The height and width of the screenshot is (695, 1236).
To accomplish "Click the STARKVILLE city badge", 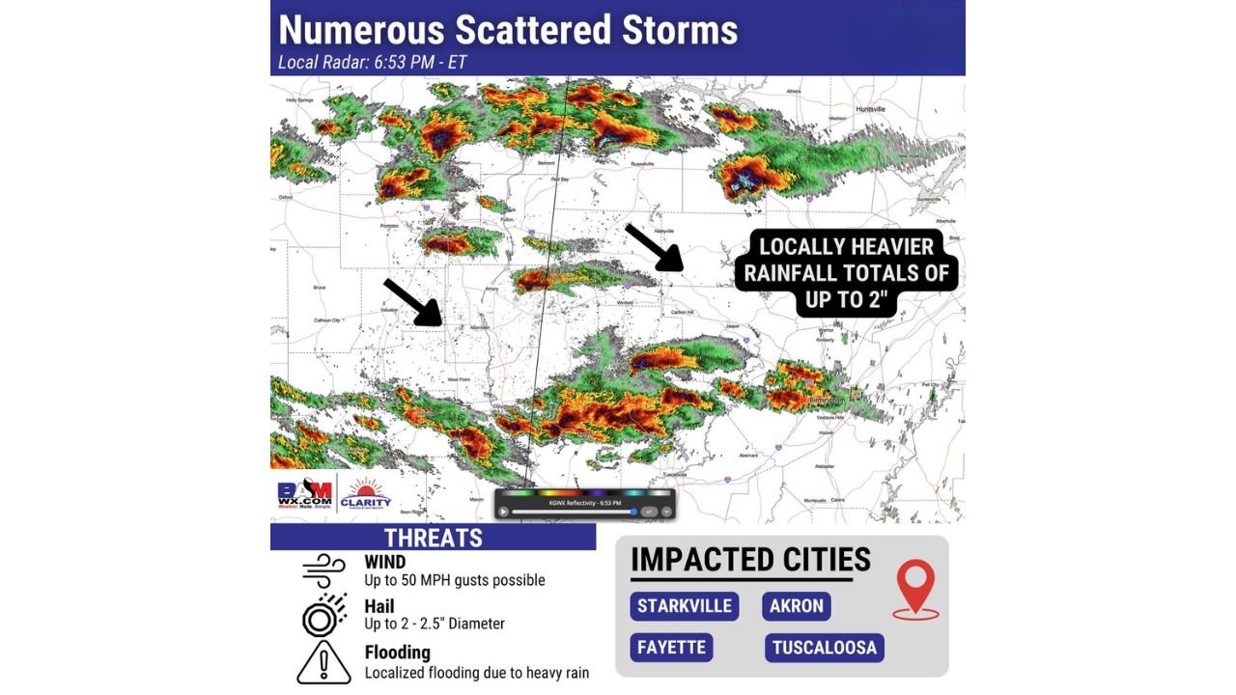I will [685, 606].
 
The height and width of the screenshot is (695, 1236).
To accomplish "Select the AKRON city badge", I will [797, 606].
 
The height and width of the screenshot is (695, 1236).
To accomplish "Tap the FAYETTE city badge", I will [671, 647].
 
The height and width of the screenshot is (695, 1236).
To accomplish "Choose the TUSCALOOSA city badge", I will [825, 647].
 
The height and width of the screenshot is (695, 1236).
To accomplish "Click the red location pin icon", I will [915, 588].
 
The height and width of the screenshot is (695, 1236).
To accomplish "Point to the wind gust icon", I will [323, 570].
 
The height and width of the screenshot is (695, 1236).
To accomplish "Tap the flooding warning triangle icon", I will [323, 662].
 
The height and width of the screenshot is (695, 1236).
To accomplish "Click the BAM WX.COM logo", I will [304, 495].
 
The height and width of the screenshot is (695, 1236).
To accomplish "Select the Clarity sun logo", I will [366, 494].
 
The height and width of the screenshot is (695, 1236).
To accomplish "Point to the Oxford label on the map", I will [285, 197].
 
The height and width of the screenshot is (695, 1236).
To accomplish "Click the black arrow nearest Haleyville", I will [655, 247].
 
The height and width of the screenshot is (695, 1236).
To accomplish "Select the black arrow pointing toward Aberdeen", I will [412, 301].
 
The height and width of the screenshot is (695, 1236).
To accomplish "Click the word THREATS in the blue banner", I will [434, 538].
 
